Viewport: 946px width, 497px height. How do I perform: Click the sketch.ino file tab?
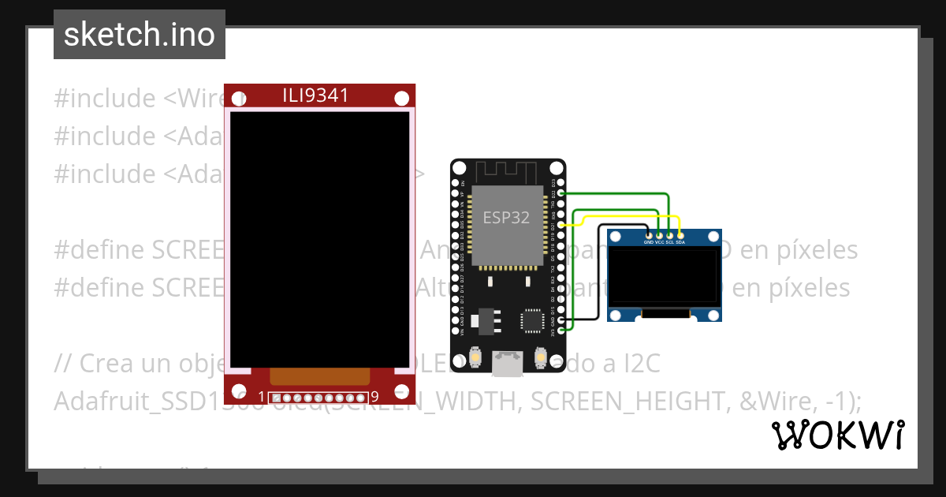tap(139, 35)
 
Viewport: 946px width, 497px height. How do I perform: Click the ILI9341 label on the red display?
tap(315, 95)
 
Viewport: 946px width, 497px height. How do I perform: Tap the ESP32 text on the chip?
tap(506, 217)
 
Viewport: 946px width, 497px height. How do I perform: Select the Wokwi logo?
tap(837, 435)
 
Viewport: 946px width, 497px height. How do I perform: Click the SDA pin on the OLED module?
tap(680, 234)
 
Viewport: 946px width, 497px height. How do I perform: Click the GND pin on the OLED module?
tap(649, 234)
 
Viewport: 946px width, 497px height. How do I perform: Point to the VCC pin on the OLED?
tap(659, 234)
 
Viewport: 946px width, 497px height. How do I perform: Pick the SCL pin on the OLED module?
tap(669, 234)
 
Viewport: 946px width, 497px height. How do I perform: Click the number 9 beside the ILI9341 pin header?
tap(374, 396)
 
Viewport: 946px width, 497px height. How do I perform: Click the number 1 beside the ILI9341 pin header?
tap(262, 396)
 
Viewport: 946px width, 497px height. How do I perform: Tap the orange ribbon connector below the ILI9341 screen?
tap(319, 376)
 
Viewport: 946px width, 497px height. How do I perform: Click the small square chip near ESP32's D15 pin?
tap(532, 321)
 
